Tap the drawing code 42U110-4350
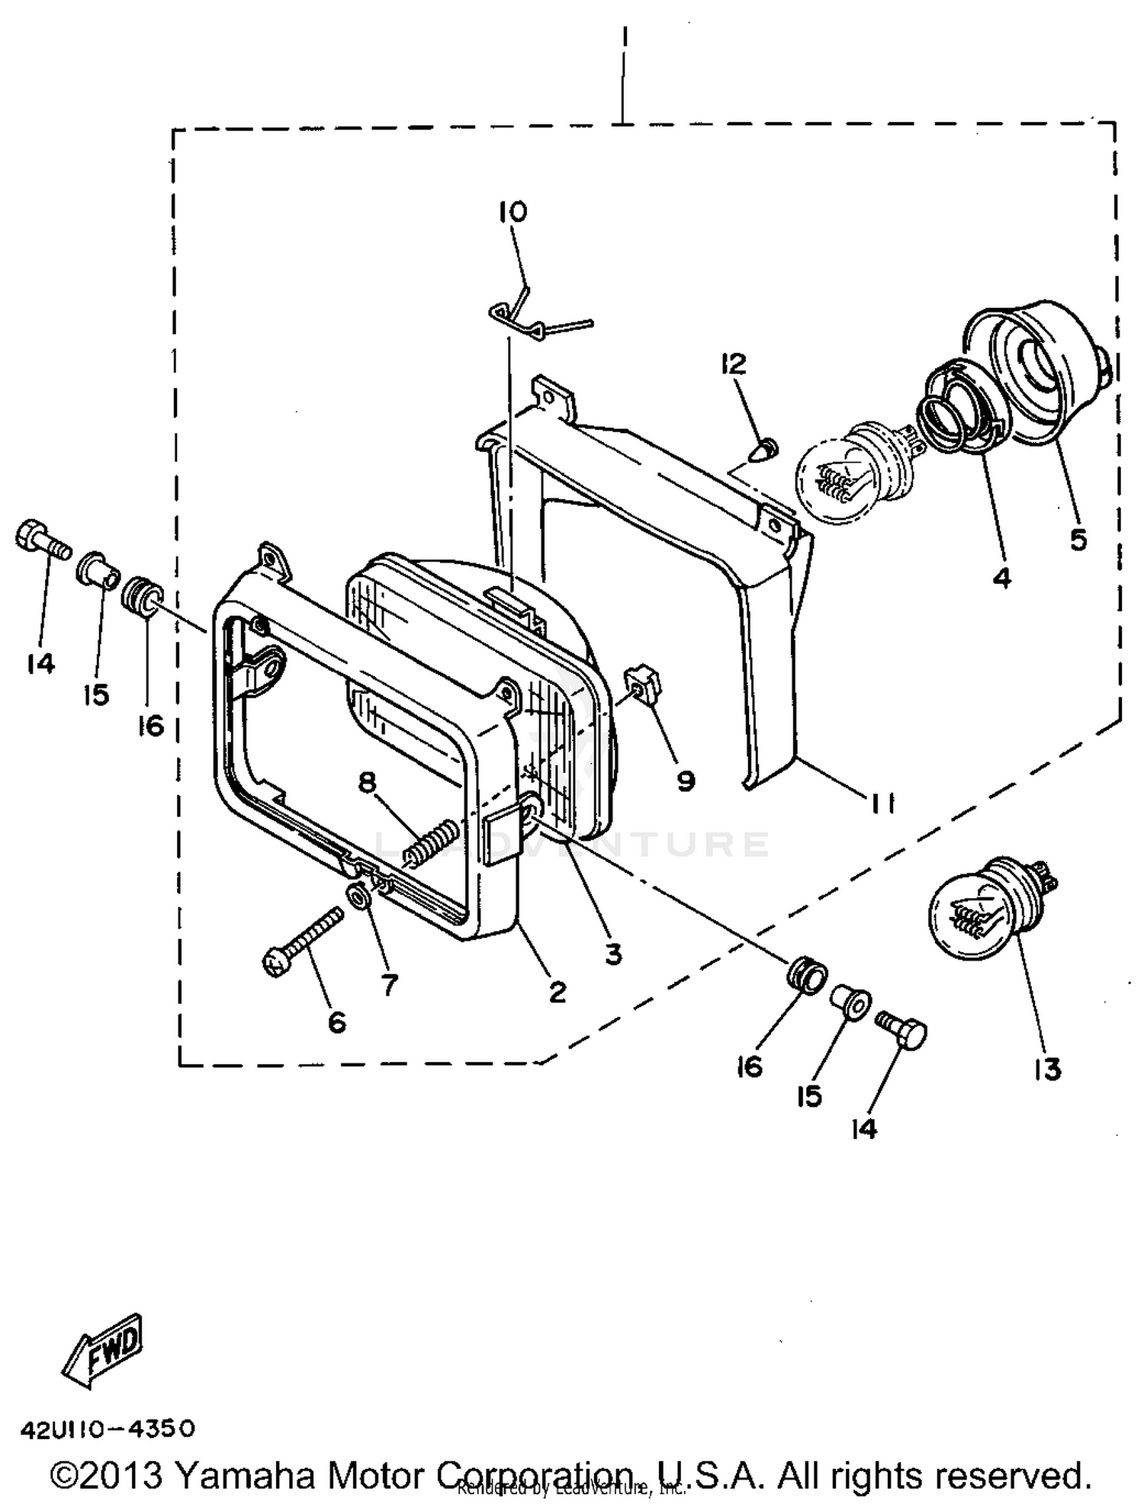point(108,1428)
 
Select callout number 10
point(513,211)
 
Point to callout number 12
point(733,364)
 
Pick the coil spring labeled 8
point(432,842)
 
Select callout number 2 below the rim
point(558,992)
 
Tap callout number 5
point(1077,539)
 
